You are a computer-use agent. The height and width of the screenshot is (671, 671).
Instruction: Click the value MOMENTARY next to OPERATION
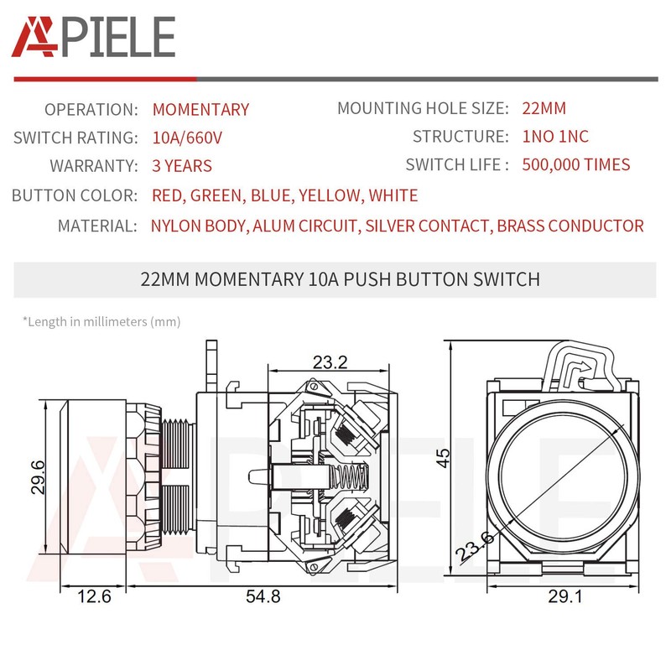point(200,110)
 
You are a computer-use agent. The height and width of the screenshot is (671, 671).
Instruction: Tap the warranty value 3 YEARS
point(182,166)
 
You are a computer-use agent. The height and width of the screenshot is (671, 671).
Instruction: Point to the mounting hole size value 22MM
point(544,108)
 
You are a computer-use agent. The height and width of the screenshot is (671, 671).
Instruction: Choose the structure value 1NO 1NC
point(554,137)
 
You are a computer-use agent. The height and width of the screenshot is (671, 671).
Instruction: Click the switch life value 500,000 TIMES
point(575,164)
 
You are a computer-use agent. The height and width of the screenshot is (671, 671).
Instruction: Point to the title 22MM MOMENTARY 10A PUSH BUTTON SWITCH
point(340,279)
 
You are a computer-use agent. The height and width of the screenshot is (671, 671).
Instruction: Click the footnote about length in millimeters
point(101,321)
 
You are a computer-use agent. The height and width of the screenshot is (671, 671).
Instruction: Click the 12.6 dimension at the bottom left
point(94,597)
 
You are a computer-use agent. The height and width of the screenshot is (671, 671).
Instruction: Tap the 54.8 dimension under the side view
point(263,597)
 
